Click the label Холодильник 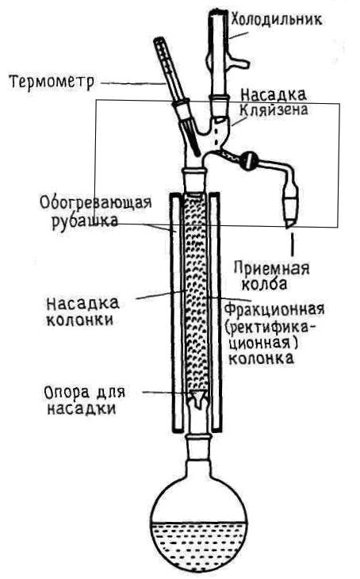click(x=276, y=18)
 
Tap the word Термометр click(x=52, y=82)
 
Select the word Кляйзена click(x=274, y=109)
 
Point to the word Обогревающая click(x=96, y=203)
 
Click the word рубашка click(x=85, y=221)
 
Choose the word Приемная click(x=271, y=268)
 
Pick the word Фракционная click(x=274, y=309)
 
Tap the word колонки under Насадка click(x=80, y=320)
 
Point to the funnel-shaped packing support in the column click(x=198, y=399)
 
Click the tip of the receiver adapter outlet click(x=289, y=226)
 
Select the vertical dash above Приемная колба click(x=293, y=244)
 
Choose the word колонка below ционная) click(x=262, y=359)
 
